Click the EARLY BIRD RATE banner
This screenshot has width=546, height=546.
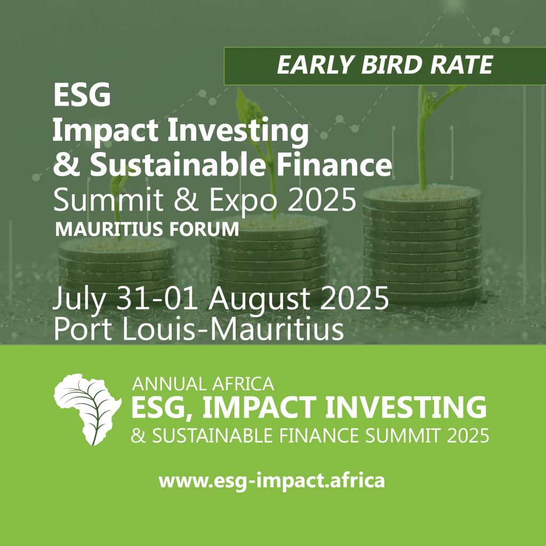click(385, 66)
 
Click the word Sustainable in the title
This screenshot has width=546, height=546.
click(178, 165)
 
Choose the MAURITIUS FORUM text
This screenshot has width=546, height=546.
click(147, 229)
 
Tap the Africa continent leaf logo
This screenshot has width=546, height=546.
click(88, 409)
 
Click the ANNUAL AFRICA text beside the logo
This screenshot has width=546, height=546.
click(203, 384)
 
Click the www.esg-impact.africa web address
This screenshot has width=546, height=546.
click(271, 481)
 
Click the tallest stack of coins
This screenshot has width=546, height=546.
click(422, 244)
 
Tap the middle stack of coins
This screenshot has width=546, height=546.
click(270, 254)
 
